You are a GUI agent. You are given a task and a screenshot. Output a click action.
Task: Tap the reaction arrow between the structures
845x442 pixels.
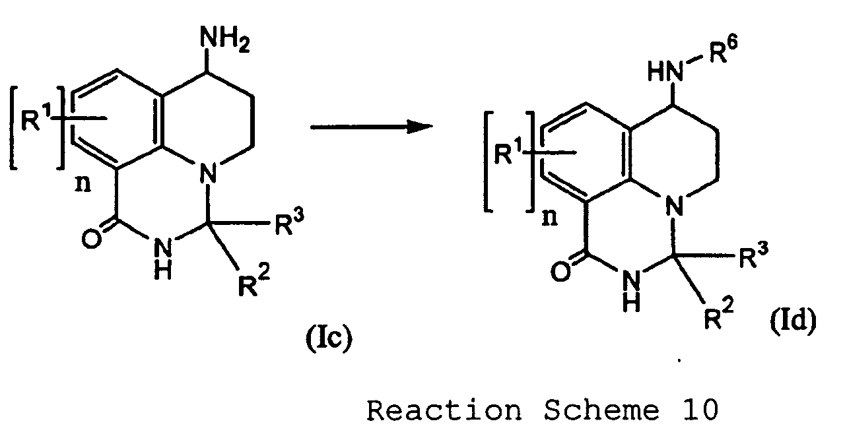tap(366, 126)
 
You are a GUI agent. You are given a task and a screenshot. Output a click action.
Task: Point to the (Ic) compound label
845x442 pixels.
tap(327, 340)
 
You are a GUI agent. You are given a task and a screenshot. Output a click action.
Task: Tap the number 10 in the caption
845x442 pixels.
tap(696, 411)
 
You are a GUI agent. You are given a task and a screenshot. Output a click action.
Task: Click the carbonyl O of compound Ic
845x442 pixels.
tap(92, 238)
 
